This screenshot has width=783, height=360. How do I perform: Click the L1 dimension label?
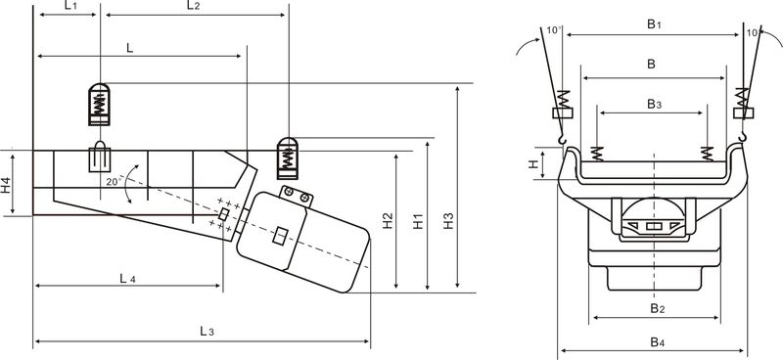pos(70,6)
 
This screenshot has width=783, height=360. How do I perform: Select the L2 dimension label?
pos(193,6)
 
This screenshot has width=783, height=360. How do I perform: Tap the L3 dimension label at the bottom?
pos(207,331)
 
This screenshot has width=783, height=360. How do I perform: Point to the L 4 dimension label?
pos(127,279)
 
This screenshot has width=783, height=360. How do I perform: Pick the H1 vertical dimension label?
pos(418,221)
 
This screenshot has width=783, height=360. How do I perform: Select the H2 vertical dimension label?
pos(388,221)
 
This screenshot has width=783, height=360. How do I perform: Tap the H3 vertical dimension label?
pos(448,221)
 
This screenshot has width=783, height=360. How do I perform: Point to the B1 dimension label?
pos(654,24)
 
